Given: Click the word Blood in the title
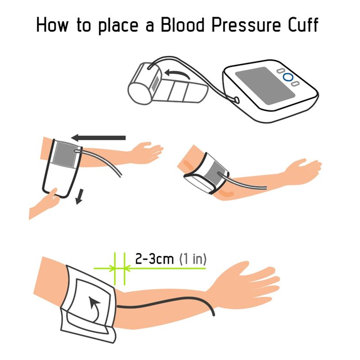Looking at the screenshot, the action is tap(182, 25).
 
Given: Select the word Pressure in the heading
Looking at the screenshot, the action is tap(246, 25).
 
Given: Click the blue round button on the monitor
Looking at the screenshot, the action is tap(288, 77).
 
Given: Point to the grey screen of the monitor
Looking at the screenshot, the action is tap(265, 85).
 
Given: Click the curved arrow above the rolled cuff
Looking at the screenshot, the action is tap(177, 74).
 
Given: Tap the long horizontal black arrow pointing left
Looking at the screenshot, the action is tap(99, 138).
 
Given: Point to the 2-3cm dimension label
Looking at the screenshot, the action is tap(154, 259).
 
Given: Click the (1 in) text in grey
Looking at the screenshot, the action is tap(193, 259).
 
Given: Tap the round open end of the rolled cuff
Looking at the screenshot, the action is tap(139, 94).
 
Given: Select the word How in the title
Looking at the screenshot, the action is tap(52, 25).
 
